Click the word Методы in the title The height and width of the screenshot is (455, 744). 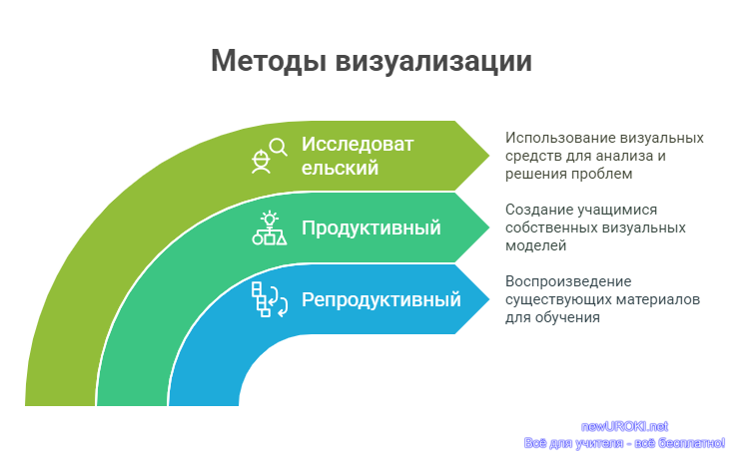(269, 62)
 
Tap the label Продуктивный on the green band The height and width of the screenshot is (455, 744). (372, 228)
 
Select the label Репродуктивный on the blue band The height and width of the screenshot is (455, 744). (381, 300)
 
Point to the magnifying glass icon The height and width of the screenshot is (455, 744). (279, 147)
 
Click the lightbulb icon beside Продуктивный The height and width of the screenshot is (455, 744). (270, 219)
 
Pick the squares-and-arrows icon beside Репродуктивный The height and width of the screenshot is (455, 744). (270, 299)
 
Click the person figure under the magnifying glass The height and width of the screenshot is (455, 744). (261, 162)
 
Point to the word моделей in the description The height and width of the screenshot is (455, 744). (535, 246)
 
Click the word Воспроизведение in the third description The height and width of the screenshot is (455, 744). (568, 281)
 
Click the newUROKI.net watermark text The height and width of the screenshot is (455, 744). (624, 427)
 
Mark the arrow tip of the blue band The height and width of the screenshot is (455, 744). (489, 299)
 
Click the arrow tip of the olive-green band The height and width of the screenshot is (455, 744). (489, 156)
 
